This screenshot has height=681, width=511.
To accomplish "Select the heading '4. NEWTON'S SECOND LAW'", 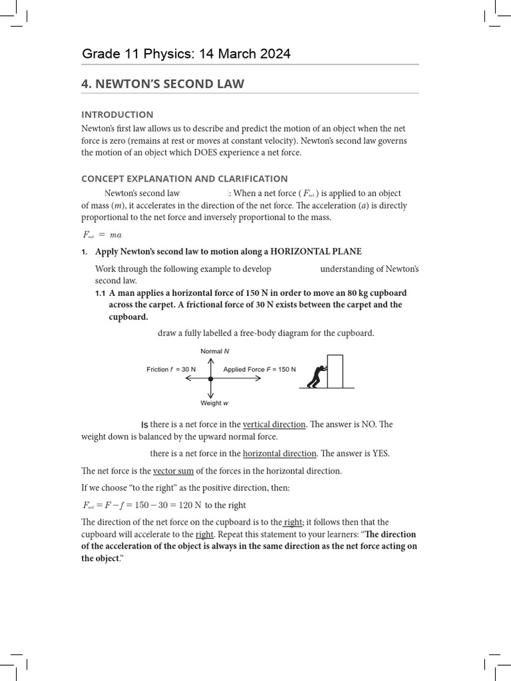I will tap(162, 84).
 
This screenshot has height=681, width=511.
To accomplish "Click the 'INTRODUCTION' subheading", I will tap(117, 114).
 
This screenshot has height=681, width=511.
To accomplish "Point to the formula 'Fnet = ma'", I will tap(101, 234).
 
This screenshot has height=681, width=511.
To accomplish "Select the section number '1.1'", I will tap(100, 293).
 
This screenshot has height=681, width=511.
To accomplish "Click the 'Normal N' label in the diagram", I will tap(214, 351).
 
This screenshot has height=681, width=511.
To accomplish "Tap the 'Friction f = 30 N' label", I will tap(171, 369).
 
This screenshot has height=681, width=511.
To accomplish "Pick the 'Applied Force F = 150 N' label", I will tap(259, 369).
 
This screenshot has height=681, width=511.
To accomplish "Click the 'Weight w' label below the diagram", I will tap(214, 403).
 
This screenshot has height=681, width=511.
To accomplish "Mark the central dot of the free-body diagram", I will tap(211, 378).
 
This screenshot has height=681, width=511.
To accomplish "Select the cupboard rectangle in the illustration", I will tap(335, 371).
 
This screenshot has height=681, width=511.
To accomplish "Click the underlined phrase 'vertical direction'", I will tap(274, 424).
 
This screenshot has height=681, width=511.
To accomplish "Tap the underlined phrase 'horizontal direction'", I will tap(279, 454).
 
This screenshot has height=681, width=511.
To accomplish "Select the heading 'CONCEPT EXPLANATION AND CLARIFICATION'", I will tap(184, 178).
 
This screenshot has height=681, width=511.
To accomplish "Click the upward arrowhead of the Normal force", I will tap(211, 360).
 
